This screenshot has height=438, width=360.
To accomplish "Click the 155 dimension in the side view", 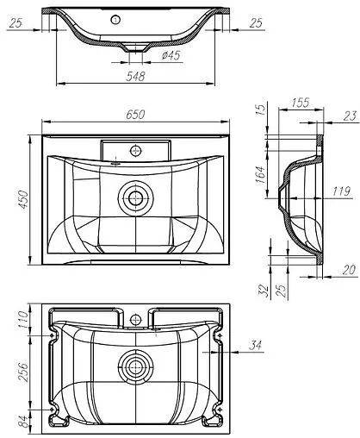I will [x=301, y=103].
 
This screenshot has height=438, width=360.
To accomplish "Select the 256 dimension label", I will [x=25, y=371].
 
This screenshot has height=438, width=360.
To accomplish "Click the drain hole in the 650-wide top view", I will [x=133, y=197].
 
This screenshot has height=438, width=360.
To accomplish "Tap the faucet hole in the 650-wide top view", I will [x=135, y=150].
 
